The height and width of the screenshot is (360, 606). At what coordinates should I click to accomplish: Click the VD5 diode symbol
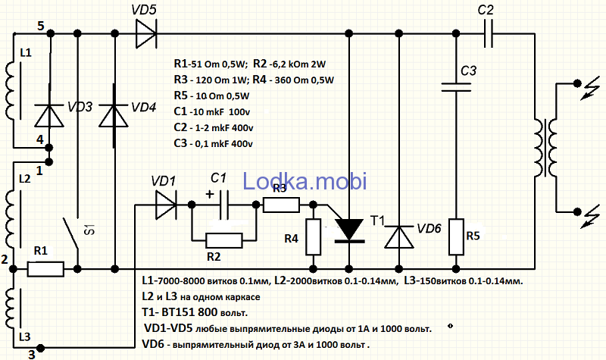pyautogui.click(x=146, y=33)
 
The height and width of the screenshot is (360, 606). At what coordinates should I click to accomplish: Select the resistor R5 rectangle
pyautogui.click(x=456, y=236)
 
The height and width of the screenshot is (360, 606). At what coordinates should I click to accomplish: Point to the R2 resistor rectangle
pyautogui.click(x=224, y=239)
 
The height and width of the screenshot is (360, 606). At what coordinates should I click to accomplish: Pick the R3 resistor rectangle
pyautogui.click(x=280, y=204)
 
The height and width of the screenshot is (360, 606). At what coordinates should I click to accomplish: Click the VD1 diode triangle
pyautogui.click(x=164, y=204)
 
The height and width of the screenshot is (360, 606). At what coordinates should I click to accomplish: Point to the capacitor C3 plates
pyautogui.click(x=456, y=88)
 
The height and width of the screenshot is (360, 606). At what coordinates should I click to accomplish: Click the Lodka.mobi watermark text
pyautogui.click(x=305, y=180)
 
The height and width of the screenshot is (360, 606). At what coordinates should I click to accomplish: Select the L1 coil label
pyautogui.click(x=26, y=53)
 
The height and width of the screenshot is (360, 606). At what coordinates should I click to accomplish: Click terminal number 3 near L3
pyautogui.click(x=31, y=352)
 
